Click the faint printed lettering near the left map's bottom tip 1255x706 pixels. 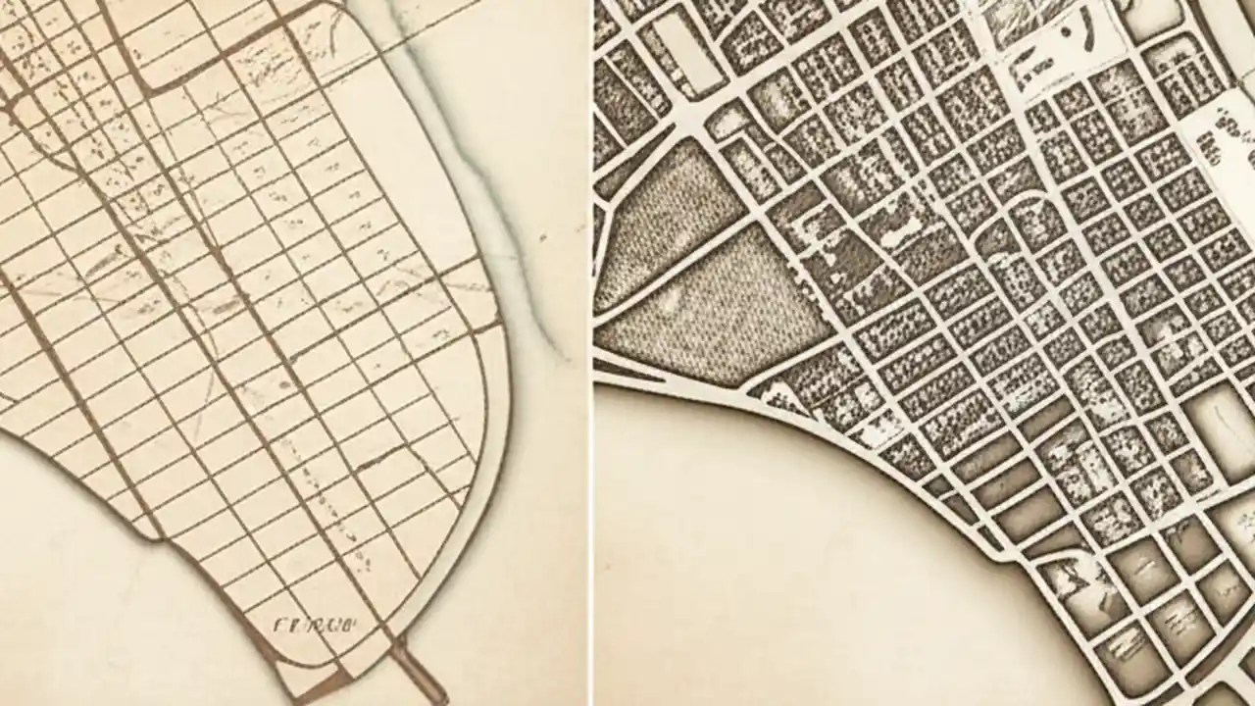(314, 622)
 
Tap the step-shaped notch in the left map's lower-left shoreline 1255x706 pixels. (147, 534)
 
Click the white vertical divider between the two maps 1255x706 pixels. (590, 353)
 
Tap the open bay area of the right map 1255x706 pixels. (784, 549)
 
